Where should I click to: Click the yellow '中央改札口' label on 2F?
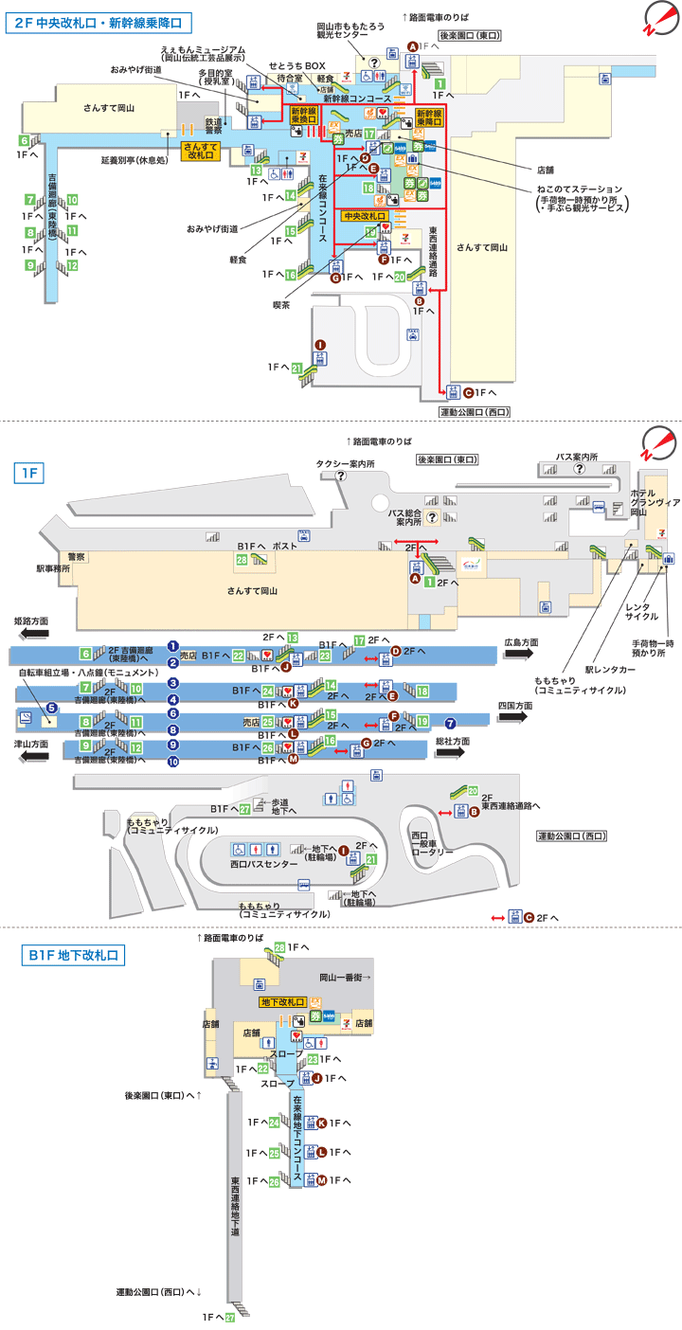[x=365, y=216]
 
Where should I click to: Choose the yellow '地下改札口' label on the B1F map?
[x=281, y=1001]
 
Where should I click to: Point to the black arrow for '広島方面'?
[x=521, y=654]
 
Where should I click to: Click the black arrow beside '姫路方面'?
[x=29, y=634]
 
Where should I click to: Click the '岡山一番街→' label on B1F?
[x=343, y=977]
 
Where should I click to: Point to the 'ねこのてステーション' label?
[x=580, y=189]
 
